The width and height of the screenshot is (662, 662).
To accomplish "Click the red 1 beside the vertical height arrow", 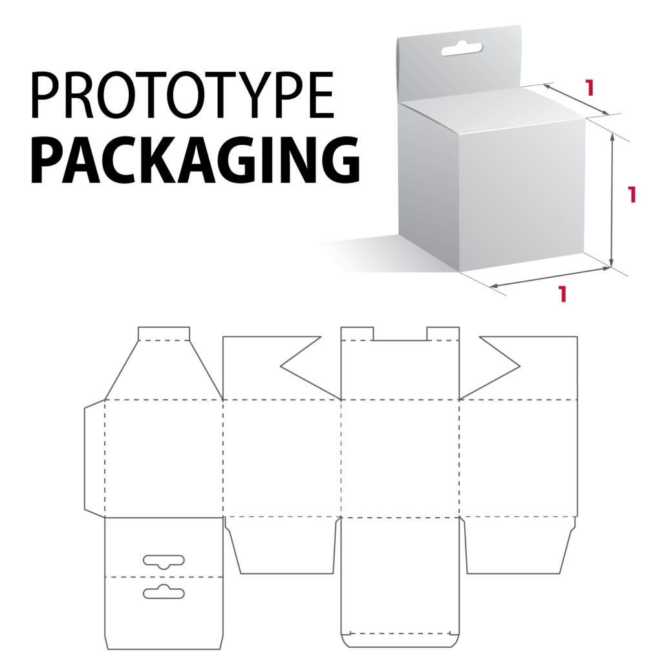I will (632, 195).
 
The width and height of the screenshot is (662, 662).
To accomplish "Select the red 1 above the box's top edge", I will (589, 87).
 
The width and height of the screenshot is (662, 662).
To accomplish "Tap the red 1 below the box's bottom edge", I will (562, 294).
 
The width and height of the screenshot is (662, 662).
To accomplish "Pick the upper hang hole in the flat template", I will (164, 561).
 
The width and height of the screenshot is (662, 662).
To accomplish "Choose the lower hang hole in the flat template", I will (164, 590).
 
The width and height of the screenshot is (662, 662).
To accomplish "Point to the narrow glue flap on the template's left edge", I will (94, 458).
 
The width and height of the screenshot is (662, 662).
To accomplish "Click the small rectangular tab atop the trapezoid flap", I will (164, 332).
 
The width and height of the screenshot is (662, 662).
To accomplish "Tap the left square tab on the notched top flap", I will (357, 333).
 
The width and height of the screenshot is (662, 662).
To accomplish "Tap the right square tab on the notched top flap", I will (443, 333).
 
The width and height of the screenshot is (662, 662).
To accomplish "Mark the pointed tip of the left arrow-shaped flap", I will (281, 367).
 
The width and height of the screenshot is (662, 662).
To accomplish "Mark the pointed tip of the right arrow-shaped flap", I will (520, 367).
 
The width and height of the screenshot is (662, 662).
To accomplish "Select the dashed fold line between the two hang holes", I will (164, 576).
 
